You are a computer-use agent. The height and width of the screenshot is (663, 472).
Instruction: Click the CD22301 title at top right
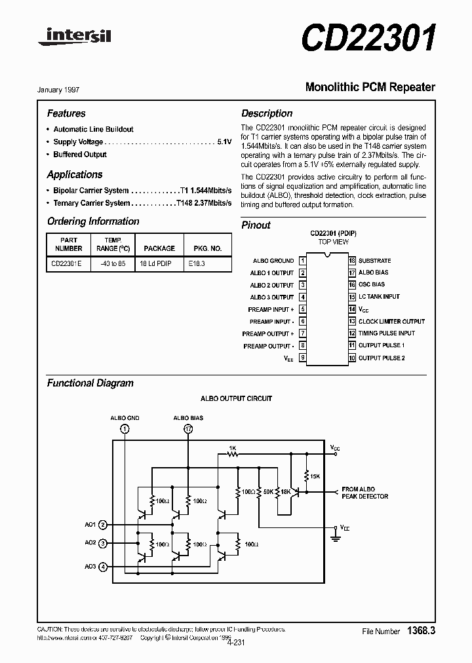click(368, 38)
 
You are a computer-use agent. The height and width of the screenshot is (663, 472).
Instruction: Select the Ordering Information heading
click(93, 221)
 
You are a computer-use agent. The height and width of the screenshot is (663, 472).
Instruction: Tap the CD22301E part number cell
click(67, 264)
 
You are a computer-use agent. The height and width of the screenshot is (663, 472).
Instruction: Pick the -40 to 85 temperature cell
click(111, 264)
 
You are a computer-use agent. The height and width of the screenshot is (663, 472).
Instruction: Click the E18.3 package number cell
click(196, 264)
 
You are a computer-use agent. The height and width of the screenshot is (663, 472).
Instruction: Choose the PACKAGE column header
click(159, 248)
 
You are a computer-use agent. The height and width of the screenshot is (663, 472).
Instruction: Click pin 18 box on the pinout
click(352, 260)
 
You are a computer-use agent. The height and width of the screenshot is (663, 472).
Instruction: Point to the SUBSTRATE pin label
click(374, 260)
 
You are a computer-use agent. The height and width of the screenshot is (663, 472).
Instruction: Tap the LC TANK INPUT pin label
click(379, 297)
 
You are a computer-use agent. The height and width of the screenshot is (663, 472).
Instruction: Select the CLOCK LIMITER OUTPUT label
click(391, 321)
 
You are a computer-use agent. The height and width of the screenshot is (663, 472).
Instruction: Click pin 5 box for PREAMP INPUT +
click(303, 309)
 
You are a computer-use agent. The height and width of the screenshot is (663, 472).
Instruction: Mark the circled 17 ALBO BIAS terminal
click(189, 429)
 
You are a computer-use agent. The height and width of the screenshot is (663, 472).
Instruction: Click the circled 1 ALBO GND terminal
click(125, 429)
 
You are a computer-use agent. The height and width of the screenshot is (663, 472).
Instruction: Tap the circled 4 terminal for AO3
click(103, 567)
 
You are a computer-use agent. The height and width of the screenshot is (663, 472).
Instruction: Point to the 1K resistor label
click(231, 447)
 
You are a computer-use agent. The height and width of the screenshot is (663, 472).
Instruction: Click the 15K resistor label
click(315, 476)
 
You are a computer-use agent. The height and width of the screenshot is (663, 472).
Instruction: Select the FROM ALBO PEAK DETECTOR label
click(364, 493)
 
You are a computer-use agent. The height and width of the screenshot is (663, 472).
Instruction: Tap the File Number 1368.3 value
click(421, 630)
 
